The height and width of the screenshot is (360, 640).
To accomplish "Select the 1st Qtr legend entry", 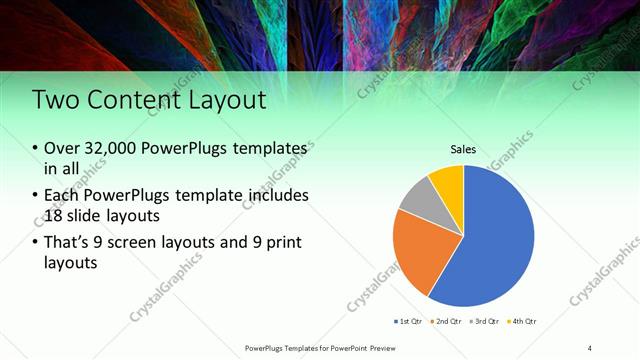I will point(407,321).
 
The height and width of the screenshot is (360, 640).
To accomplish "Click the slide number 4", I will point(590,347).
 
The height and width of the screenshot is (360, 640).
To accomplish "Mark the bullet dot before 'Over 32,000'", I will point(36,149).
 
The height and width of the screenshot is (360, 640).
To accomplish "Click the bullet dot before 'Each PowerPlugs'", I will point(36,195).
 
